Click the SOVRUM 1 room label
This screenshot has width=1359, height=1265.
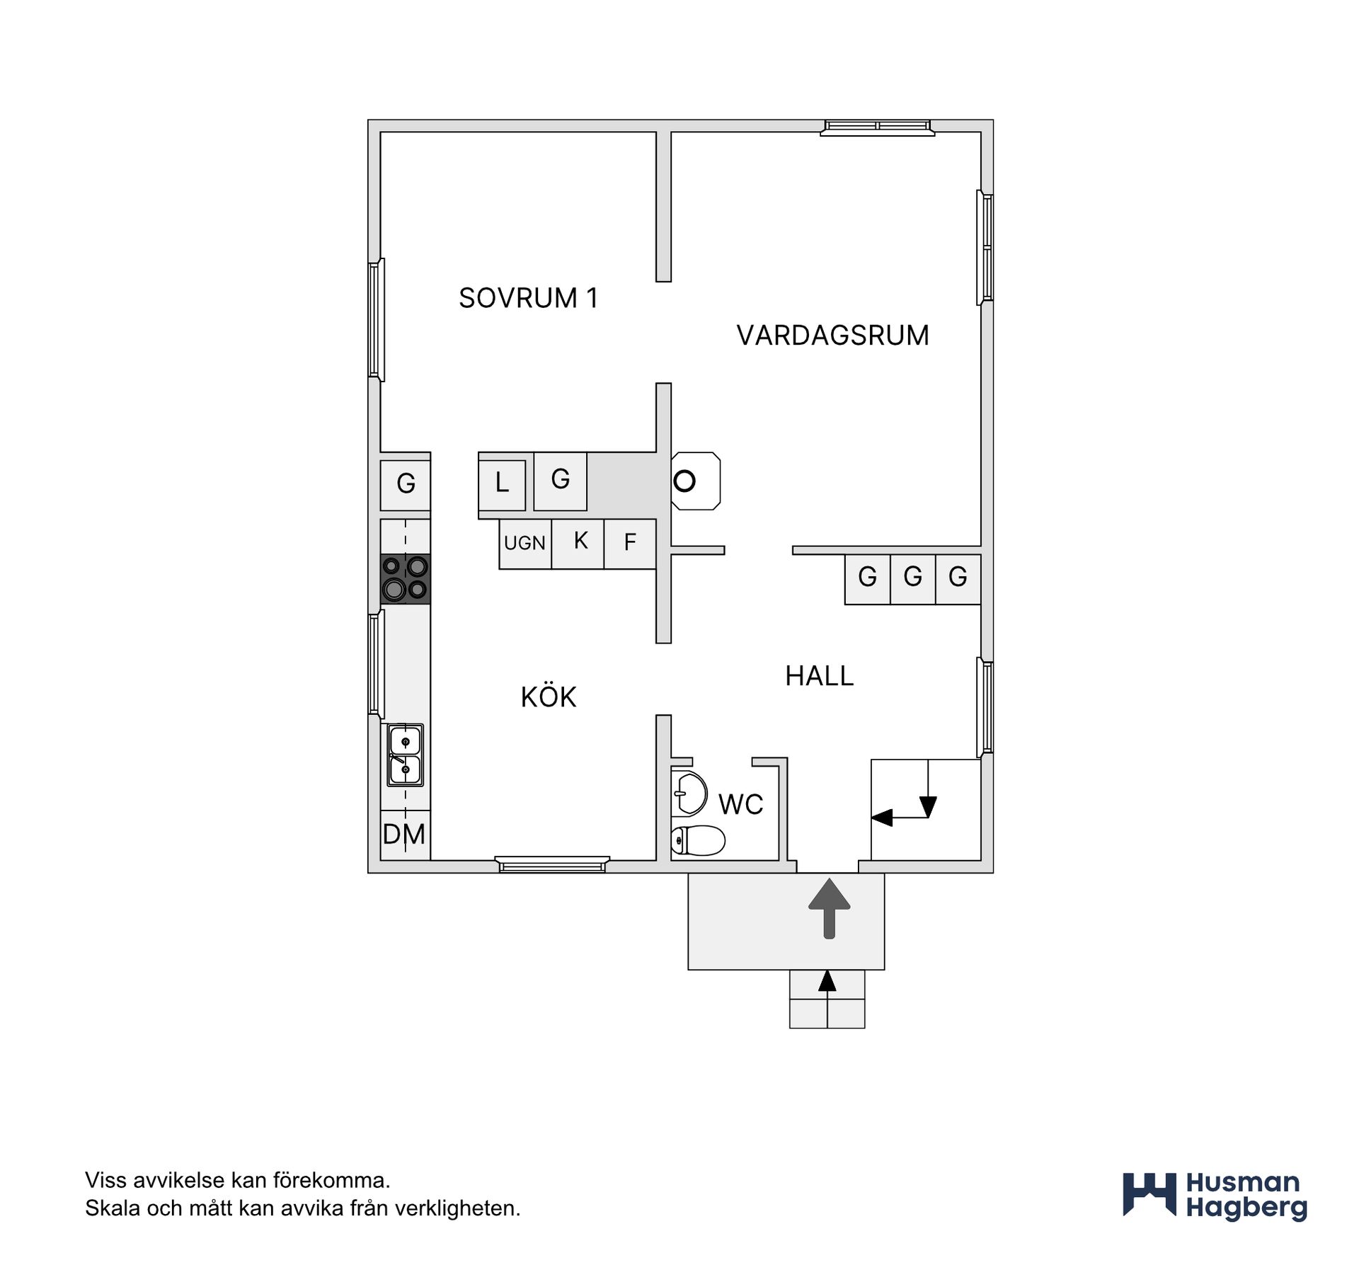pyautogui.click(x=528, y=298)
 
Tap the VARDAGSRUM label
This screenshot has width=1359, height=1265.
pyautogui.click(x=832, y=336)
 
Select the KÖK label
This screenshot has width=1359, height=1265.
pyautogui.click(x=549, y=697)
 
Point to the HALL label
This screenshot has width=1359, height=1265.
pyautogui.click(x=820, y=676)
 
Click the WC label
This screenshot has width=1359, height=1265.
pyautogui.click(x=740, y=805)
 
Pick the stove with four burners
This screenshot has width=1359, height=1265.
pyautogui.click(x=406, y=579)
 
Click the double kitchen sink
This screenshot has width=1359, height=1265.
pyautogui.click(x=406, y=755)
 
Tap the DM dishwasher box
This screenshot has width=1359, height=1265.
pyautogui.click(x=406, y=835)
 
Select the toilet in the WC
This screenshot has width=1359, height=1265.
pyautogui.click(x=698, y=840)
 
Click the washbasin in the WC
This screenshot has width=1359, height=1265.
pyautogui.click(x=689, y=793)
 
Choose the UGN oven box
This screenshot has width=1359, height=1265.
pyautogui.click(x=525, y=544)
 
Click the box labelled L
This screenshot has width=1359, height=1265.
pyautogui.click(x=502, y=485)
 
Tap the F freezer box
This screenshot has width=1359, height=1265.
pyautogui.click(x=630, y=544)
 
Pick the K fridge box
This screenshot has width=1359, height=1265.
pyautogui.click(x=578, y=544)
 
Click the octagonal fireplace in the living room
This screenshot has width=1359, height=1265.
pyautogui.click(x=696, y=481)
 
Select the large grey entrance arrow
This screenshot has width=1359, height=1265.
pyautogui.click(x=829, y=909)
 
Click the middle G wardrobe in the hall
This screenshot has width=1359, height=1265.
pyautogui.click(x=913, y=579)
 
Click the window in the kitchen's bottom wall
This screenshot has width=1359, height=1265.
pyautogui.click(x=552, y=864)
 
